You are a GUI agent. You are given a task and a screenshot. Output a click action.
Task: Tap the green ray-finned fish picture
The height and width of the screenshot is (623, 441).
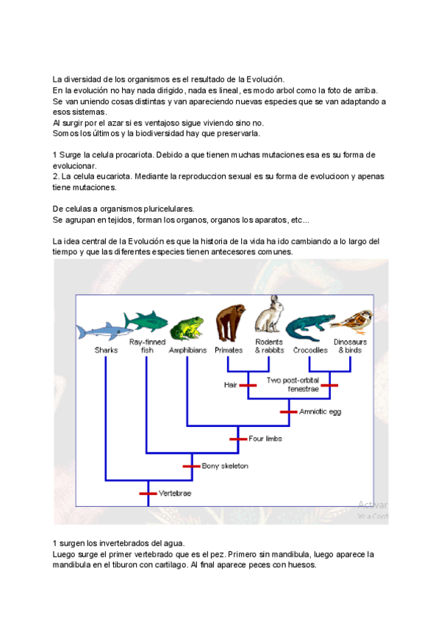[x=146, y=322]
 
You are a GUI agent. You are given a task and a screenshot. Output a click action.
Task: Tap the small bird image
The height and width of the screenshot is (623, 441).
[x=352, y=322]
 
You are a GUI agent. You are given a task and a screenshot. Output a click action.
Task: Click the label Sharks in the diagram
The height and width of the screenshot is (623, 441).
[x=106, y=350]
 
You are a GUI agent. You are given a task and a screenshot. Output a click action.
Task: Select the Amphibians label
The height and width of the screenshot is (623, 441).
[x=188, y=350]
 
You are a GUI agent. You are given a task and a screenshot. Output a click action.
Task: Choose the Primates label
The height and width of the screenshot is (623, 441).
[x=229, y=350]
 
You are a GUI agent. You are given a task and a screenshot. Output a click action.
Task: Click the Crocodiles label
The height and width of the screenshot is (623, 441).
[x=310, y=350]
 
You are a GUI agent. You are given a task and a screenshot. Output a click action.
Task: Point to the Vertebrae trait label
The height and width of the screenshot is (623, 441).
[x=176, y=493]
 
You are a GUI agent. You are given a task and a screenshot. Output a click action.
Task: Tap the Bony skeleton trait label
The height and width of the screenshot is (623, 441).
[x=225, y=466]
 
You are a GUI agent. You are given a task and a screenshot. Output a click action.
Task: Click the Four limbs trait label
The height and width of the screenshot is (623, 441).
[x=265, y=439]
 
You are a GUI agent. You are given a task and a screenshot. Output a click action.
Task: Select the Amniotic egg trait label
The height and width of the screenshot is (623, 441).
[x=320, y=411]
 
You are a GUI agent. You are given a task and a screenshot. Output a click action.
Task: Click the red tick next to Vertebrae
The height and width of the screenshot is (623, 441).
[x=148, y=493]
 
